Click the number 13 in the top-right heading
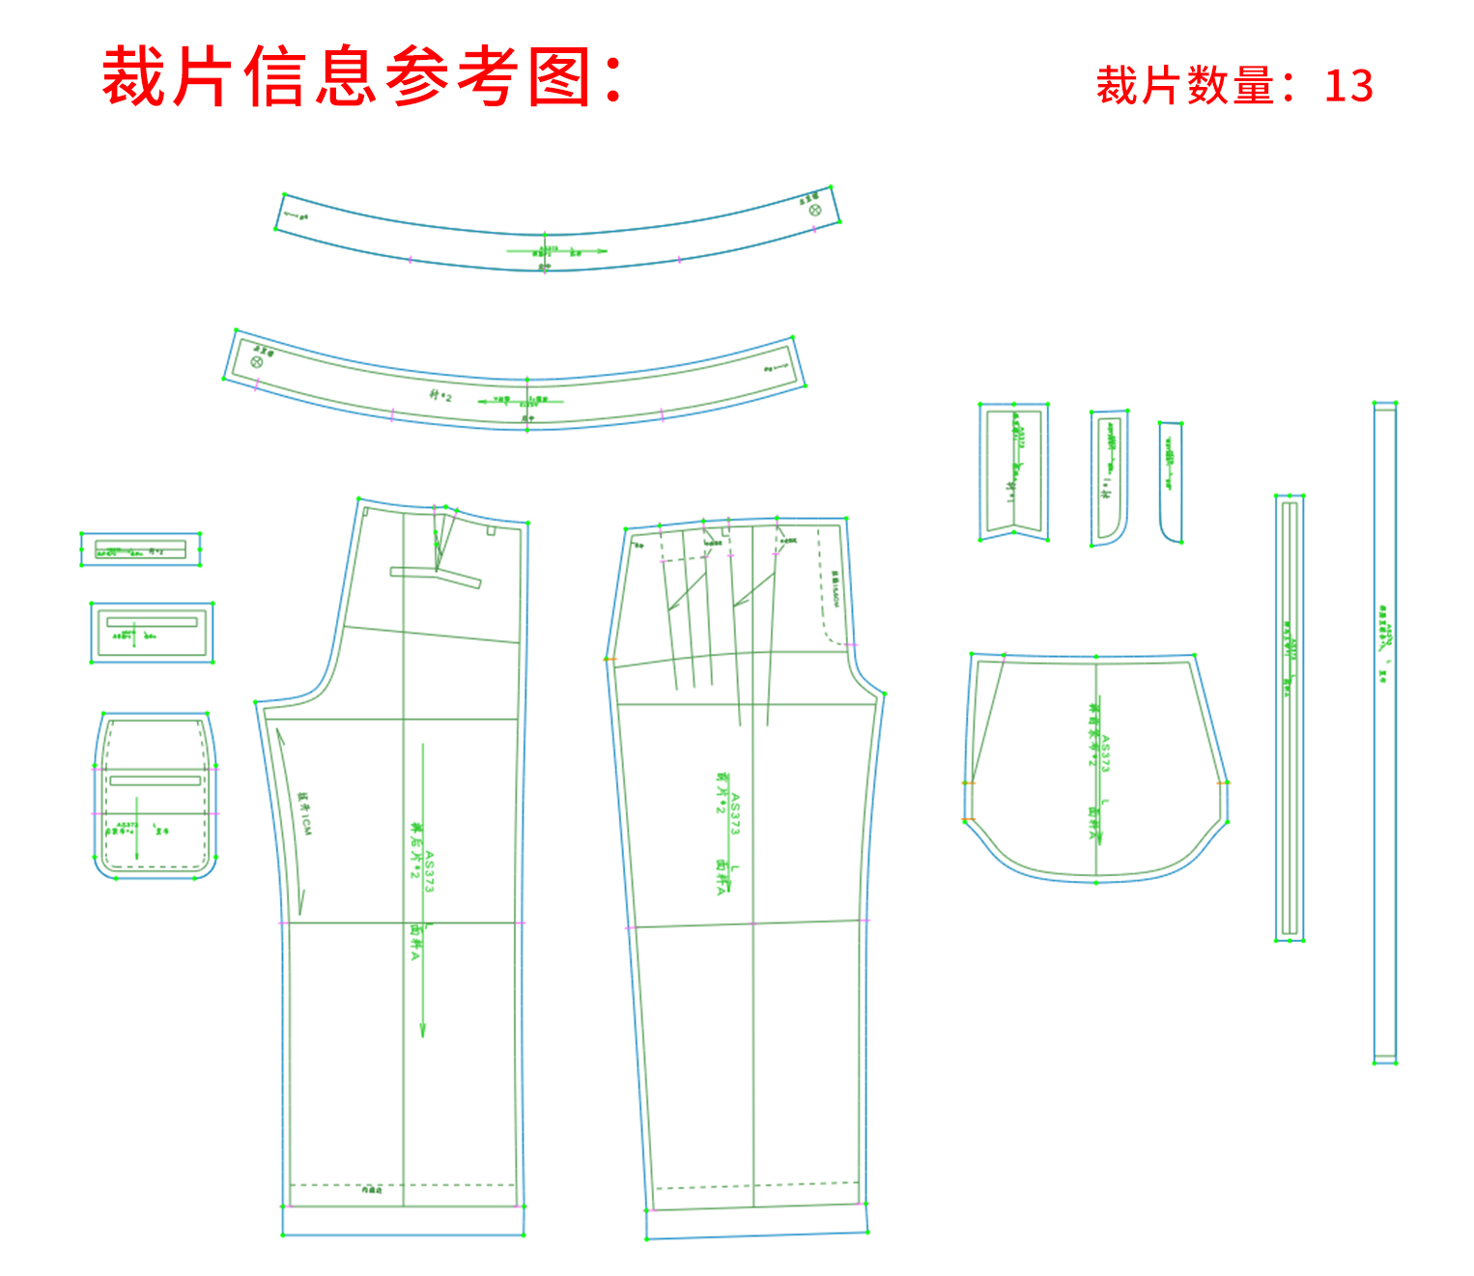pyautogui.click(x=1348, y=86)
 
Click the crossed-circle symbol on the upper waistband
pyautogui.click(x=814, y=210)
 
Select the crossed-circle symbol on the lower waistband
pyautogui.click(x=257, y=361)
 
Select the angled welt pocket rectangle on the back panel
pyautogui.click(x=436, y=577)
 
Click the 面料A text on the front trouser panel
pyautogui.click(x=720, y=877)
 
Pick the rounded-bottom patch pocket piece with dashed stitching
pyautogui.click(x=155, y=796)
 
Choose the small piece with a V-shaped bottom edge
pyautogui.click(x=1013, y=471)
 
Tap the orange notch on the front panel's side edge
pyautogui.click(x=610, y=659)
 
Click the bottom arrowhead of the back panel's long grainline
pyautogui.click(x=422, y=1033)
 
